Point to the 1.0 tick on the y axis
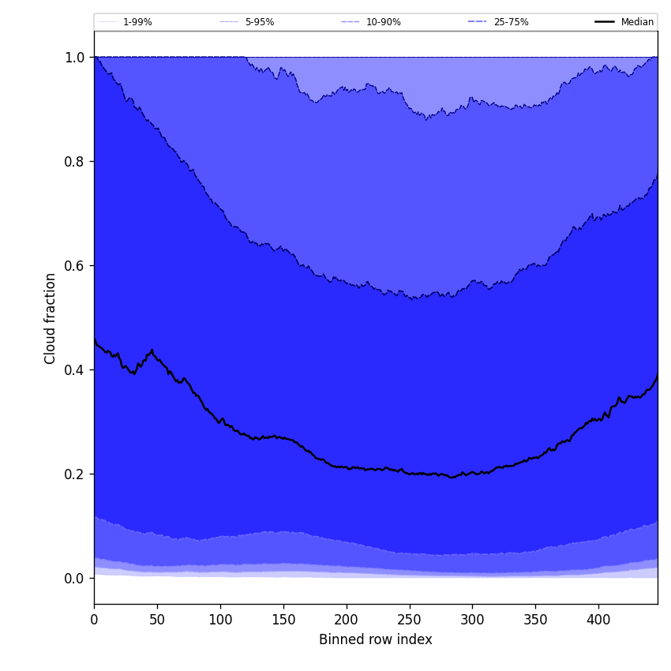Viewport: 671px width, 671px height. pos(75,58)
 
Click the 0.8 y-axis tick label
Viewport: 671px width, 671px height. pos(75,162)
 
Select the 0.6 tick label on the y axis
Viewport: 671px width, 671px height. pos(75,266)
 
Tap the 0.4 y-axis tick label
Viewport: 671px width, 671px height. pos(75,370)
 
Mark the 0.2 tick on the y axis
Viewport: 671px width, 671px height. pos(75,474)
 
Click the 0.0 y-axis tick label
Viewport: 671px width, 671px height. pos(75,579)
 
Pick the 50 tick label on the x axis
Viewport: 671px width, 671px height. pos(157,620)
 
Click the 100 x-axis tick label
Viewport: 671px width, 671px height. pos(220,620)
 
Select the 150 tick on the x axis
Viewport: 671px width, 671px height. pos(283,620)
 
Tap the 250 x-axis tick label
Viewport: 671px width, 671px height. pos(409,620)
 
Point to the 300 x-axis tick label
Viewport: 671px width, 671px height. pos(472,620)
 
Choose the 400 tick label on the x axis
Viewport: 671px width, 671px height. pos(598,620)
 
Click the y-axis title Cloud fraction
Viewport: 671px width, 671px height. pos(51,318)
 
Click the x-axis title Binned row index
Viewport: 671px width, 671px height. pos(376,640)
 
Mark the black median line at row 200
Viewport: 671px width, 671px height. pos(347,467)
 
